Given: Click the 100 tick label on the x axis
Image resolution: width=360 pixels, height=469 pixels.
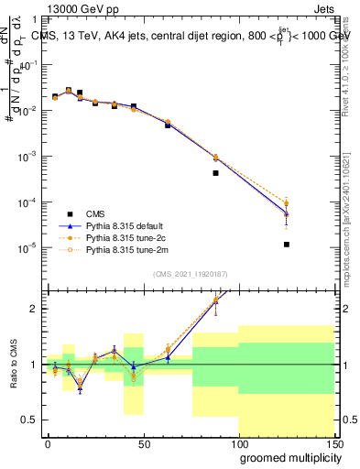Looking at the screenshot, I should coord(239,443).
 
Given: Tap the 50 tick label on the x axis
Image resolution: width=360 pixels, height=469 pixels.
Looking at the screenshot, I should coord(143,443).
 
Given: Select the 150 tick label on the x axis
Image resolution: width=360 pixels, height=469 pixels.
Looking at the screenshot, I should coord(334,443).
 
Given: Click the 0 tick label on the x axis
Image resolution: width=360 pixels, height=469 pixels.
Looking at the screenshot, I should coord(48,443).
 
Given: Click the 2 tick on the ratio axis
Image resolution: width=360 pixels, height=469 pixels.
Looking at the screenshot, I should coord(34,309).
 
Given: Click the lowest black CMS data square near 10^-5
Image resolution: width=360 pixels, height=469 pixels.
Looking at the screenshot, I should coord(287,245).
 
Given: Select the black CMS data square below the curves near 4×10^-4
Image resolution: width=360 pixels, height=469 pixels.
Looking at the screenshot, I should coord(215,172).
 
